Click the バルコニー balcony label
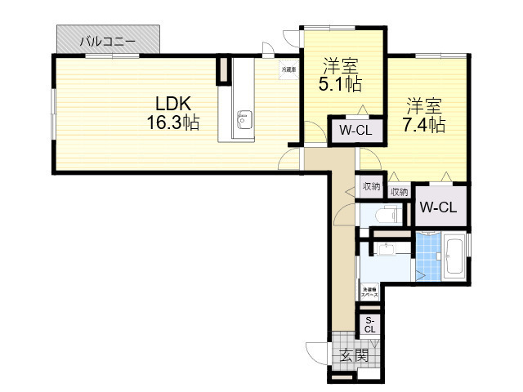pyautogui.click(x=108, y=39)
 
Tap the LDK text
pyautogui.click(x=174, y=104)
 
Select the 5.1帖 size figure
pyautogui.click(x=342, y=83)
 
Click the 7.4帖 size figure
pyautogui.click(x=423, y=125)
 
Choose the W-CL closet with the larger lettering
pyautogui.click(x=438, y=207)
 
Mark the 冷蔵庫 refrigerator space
pyautogui.click(x=289, y=71)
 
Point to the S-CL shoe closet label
pyautogui.click(x=370, y=323)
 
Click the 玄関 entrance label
pyautogui.click(x=354, y=355)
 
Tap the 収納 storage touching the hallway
pyautogui.click(x=371, y=186)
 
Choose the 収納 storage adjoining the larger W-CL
pyautogui.click(x=399, y=192)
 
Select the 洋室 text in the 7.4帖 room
pyautogui.click(x=424, y=105)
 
